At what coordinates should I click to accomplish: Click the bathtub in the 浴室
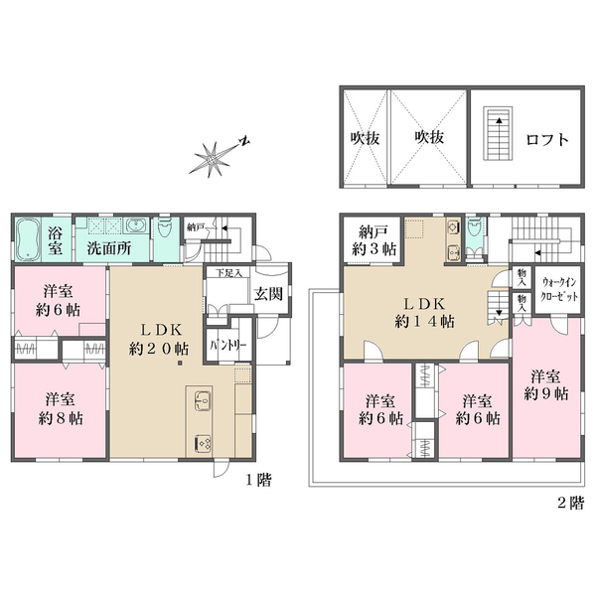(x=28, y=239)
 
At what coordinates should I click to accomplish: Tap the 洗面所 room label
(x=108, y=248)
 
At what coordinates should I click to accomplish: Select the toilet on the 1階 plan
(x=165, y=226)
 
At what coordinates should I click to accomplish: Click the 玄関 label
(x=268, y=294)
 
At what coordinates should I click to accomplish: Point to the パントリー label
(x=228, y=346)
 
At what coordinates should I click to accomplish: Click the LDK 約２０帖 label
(x=159, y=340)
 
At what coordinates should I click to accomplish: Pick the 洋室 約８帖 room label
(x=61, y=409)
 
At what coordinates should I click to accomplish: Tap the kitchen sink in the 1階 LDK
(x=203, y=400)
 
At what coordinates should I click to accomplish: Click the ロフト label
(x=547, y=140)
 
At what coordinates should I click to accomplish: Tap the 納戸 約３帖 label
(x=373, y=240)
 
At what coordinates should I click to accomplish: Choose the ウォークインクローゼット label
(x=558, y=289)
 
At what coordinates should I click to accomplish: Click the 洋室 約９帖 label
(x=545, y=385)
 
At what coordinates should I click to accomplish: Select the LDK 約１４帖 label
(x=424, y=313)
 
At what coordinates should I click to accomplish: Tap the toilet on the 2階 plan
(x=474, y=227)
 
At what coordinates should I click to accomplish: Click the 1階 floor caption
(x=258, y=480)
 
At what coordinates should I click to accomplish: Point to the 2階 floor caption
(x=570, y=503)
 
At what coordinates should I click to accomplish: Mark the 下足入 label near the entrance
(x=228, y=272)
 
